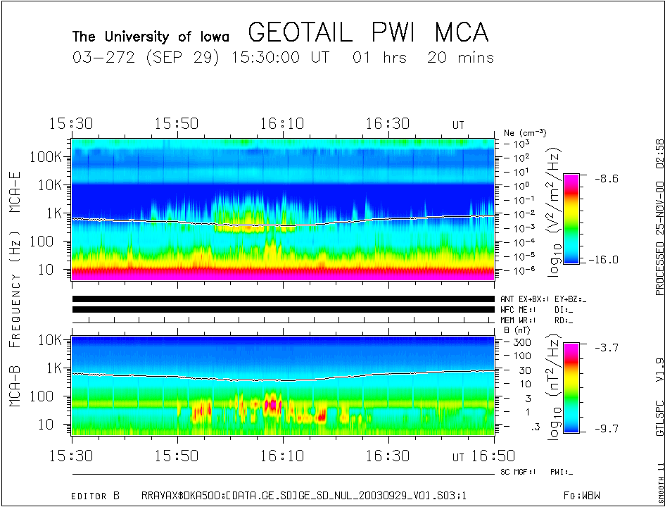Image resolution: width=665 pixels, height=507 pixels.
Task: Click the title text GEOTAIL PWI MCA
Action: point(368,33)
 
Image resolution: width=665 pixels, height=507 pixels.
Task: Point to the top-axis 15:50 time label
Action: point(177,123)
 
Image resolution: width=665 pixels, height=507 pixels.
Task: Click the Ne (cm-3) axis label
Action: point(525,132)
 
